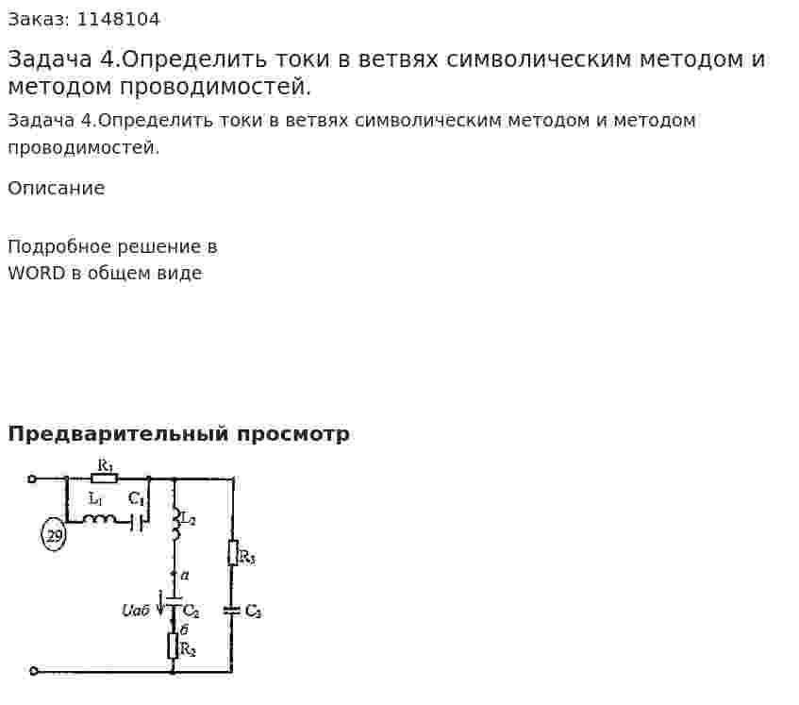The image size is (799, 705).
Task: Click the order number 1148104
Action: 118,20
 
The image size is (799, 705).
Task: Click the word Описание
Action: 57,188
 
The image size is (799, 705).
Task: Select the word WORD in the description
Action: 37,274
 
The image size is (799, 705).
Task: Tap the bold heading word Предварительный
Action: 118,434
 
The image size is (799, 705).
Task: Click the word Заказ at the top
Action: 39,20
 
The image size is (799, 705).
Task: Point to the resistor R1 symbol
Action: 105,478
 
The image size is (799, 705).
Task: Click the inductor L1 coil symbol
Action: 100,519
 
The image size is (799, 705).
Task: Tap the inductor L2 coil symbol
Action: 175,523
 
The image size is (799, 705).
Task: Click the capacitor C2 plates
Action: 175,601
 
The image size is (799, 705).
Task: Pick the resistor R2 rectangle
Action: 174,646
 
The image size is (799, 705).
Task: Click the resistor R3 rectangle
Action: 233,553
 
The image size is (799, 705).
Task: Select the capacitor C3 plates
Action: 232,610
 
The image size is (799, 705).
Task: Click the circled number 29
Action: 54,535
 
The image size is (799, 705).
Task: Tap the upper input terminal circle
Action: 31,478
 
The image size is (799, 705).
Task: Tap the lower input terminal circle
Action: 34,671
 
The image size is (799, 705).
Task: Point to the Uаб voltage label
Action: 136,611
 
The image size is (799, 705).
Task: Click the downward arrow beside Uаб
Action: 161,603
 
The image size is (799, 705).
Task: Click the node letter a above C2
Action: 185,576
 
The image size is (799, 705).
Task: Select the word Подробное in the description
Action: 60,247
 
